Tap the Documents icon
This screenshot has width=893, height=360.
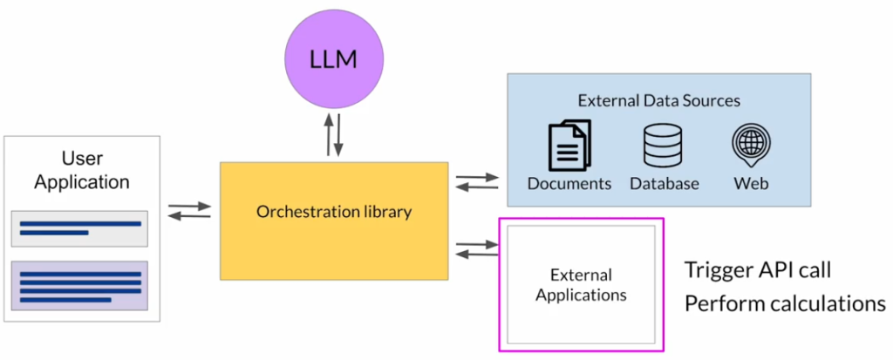(x=569, y=145)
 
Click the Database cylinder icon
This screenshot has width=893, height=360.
(x=664, y=145)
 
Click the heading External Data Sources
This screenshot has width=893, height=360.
(x=658, y=100)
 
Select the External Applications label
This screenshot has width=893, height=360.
(x=581, y=285)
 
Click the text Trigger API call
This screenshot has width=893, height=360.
(x=757, y=269)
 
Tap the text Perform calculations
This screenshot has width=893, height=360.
(x=784, y=303)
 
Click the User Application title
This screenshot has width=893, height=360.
(x=83, y=170)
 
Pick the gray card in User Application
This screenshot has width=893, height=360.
(x=79, y=228)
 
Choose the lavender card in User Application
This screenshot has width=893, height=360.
(x=79, y=286)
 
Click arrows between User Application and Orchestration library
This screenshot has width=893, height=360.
(x=189, y=211)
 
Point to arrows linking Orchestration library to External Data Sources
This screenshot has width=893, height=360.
(x=477, y=181)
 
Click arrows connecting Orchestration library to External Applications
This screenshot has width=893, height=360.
(x=477, y=248)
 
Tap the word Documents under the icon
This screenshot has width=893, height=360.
(x=569, y=184)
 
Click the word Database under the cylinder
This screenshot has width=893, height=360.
(x=664, y=184)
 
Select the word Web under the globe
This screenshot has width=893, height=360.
(x=751, y=184)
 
